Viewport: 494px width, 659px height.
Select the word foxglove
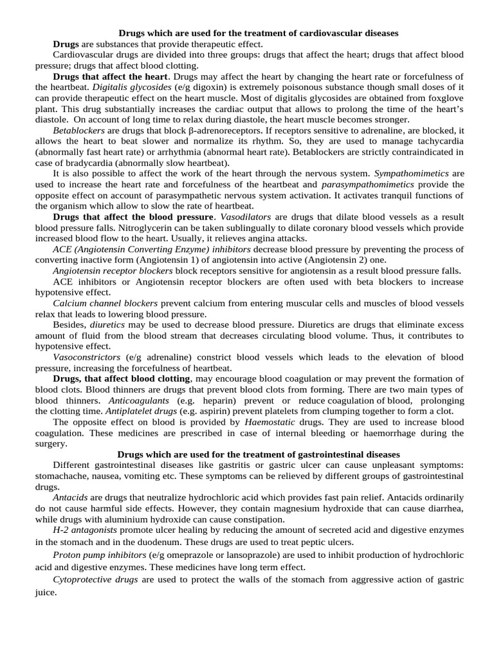tap(443, 97)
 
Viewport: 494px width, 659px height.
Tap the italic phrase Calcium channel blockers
tap(105, 304)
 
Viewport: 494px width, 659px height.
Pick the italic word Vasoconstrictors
tap(87, 357)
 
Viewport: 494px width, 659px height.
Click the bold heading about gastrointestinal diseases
tap(259, 454)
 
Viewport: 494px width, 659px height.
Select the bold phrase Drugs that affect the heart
tap(109, 76)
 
